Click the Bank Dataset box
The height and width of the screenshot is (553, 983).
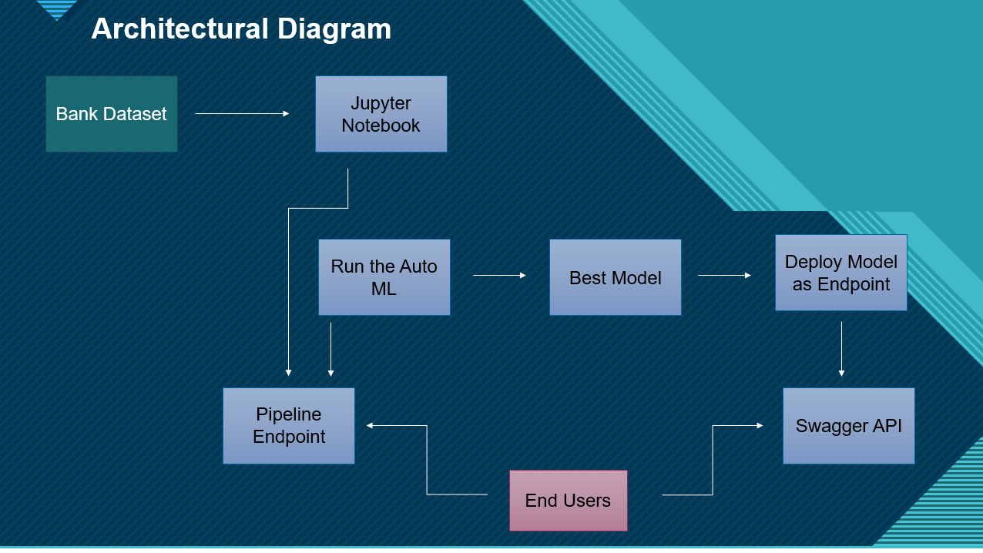pyautogui.click(x=112, y=114)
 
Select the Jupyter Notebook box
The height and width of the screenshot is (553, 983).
pyautogui.click(x=381, y=114)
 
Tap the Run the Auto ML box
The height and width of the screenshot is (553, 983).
pyautogui.click(x=384, y=277)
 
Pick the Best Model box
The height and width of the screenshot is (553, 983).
pyautogui.click(x=616, y=277)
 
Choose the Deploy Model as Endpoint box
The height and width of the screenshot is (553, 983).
pyautogui.click(x=841, y=273)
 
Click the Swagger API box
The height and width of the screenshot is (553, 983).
pyautogui.click(x=849, y=426)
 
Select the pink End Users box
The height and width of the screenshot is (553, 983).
pyautogui.click(x=569, y=501)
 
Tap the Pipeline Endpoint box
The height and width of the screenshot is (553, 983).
pyautogui.click(x=289, y=426)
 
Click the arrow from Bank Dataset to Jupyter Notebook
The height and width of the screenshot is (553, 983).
pyautogui.click(x=242, y=114)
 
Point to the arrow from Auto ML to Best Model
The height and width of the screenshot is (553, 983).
pyautogui.click(x=499, y=275)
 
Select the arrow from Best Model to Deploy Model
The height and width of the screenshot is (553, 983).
pyautogui.click(x=724, y=275)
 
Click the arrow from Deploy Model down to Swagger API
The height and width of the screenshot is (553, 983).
pyautogui.click(x=842, y=349)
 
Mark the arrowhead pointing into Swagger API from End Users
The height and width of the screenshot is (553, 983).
pyautogui.click(x=760, y=425)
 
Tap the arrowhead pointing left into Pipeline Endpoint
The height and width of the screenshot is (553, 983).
pyautogui.click(x=370, y=425)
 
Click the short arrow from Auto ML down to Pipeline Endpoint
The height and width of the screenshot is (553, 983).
pyautogui.click(x=331, y=350)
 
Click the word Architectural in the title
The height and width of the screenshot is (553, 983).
pyautogui.click(x=180, y=29)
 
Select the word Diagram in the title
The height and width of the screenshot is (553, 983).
pyautogui.click(x=334, y=30)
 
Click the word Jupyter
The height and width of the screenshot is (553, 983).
pyautogui.click(x=381, y=104)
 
